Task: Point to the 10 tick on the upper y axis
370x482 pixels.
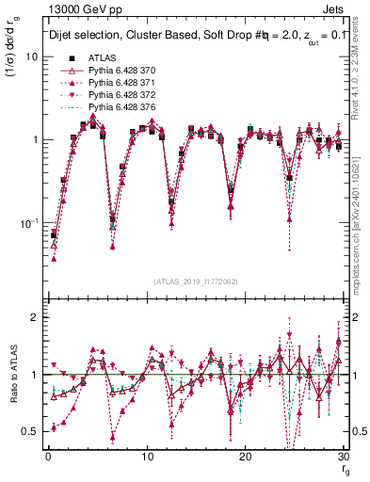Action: point(32,56)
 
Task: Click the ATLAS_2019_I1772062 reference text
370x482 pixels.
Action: point(195,282)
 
